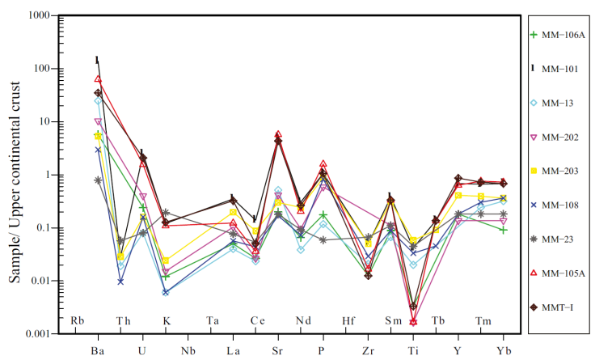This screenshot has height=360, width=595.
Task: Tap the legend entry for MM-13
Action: [558, 103]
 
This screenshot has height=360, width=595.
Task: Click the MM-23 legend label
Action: [558, 239]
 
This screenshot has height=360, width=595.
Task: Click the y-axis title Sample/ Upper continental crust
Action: [14, 175]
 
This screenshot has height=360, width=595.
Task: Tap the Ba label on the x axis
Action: [98, 350]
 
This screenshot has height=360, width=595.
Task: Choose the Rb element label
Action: [78, 321]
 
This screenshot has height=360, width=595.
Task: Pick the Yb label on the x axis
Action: [503, 350]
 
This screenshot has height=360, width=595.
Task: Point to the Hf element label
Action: [348, 321]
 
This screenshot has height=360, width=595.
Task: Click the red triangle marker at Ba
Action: [98, 79]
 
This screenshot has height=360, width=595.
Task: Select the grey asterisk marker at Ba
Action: [98, 180]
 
